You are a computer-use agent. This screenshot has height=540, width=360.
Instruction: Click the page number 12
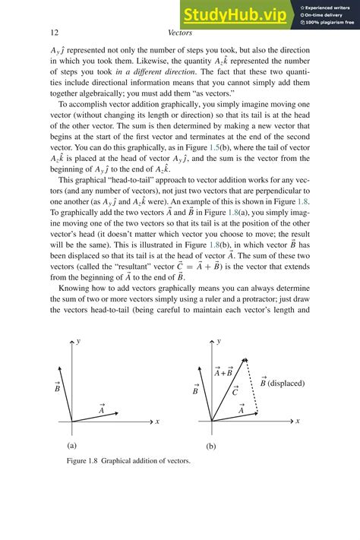[54, 33]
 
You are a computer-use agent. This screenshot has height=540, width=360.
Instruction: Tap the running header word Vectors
[179, 33]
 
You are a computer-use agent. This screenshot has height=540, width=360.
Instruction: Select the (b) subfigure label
[212, 447]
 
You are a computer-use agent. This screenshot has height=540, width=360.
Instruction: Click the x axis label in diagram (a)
[157, 421]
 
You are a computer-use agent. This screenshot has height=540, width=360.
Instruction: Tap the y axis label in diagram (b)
[220, 342]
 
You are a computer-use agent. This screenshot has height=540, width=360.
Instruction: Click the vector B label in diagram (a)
[58, 387]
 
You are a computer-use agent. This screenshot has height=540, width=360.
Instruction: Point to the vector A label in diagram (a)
[101, 409]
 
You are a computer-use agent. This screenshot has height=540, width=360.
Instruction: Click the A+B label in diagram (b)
[223, 371]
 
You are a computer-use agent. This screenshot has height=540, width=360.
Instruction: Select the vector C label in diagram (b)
[235, 391]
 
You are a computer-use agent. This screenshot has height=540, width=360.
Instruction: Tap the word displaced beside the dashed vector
[286, 383]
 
